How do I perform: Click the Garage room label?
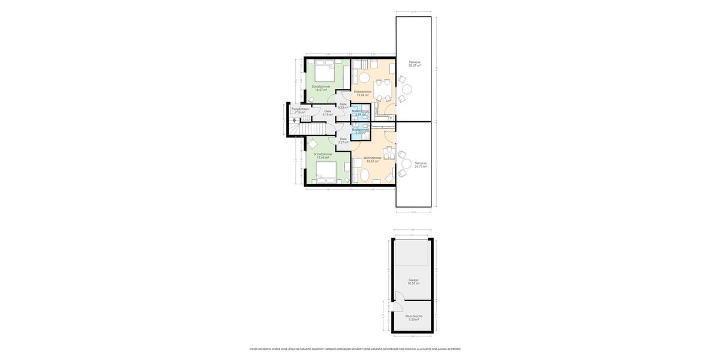click(413, 281)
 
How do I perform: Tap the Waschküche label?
click(413, 317)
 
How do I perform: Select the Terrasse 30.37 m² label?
click(415, 64)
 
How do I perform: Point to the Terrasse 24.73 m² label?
click(421, 164)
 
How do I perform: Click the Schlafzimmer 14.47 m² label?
click(321, 88)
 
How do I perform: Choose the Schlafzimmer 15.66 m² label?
click(323, 156)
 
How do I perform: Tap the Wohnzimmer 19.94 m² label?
click(362, 94)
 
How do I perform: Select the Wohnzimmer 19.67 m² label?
click(372, 160)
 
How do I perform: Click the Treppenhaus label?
click(300, 110)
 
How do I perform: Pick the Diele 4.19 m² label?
click(328, 113)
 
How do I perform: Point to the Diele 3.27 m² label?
click(343, 140)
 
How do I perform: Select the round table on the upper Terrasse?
click(407, 89)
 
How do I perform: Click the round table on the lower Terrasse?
click(406, 164)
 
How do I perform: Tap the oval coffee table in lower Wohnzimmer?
click(364, 175)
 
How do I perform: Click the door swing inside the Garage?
click(398, 296)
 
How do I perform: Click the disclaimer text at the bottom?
click(355, 349)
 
